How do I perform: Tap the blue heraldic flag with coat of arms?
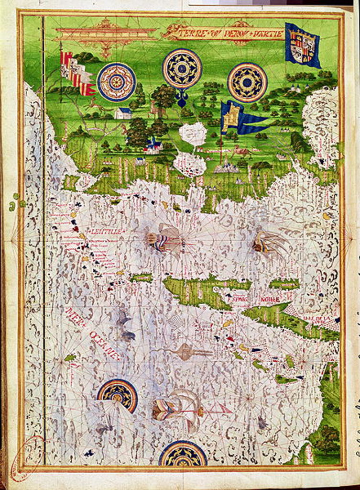(x=302, y=45)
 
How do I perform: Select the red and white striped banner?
(x=77, y=73)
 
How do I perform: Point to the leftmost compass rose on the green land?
(x=116, y=82)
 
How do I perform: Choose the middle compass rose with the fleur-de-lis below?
(x=182, y=69)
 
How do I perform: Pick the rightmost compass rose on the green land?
(x=247, y=82)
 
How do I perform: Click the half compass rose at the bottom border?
(x=183, y=455)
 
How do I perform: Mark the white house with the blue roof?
(x=123, y=113)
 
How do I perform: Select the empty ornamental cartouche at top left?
(x=105, y=33)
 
